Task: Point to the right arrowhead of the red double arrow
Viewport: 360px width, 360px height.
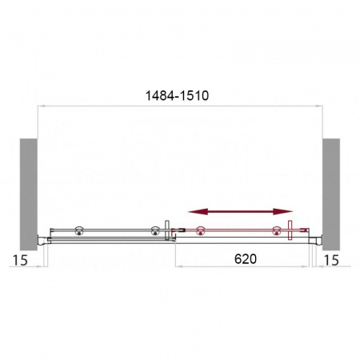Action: coord(289,212)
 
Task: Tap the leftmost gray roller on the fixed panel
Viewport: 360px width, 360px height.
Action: coord(79,232)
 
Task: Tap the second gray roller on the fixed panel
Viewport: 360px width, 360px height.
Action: coord(151,232)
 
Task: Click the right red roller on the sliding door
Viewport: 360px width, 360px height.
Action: coord(277,232)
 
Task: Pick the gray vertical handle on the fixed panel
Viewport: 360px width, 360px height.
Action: coord(166,233)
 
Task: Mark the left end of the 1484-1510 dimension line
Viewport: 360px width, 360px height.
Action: coord(39,106)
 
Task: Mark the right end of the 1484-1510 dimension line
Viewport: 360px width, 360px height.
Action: coord(322,106)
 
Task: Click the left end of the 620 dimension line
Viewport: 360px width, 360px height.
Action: coord(176,268)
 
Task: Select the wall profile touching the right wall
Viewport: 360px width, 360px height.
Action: coord(318,237)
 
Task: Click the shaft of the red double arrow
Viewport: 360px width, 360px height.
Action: coord(240,212)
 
